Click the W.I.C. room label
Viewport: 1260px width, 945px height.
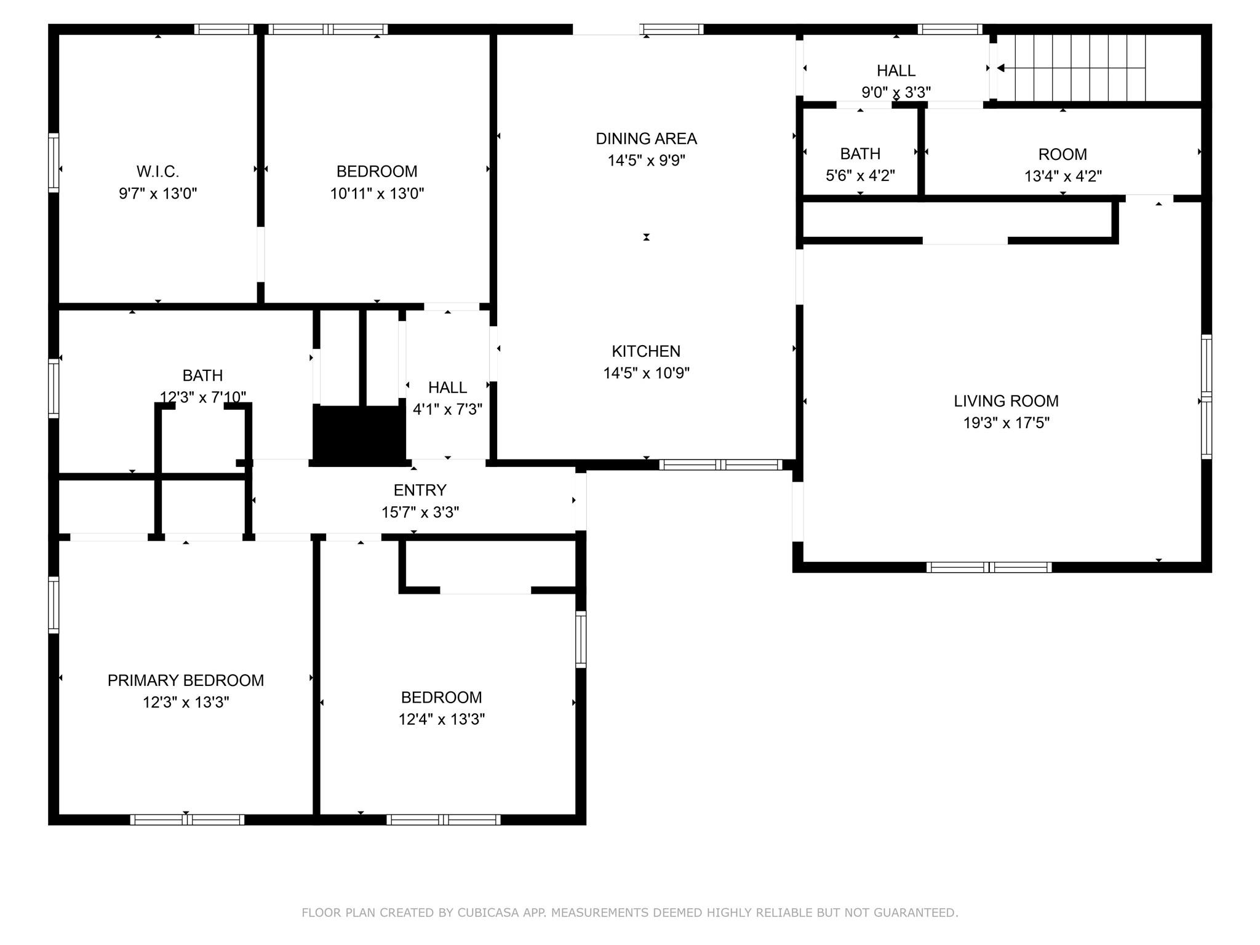point(157,171)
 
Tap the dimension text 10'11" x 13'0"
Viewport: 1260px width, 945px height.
point(377,193)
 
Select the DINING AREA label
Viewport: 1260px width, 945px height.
point(646,138)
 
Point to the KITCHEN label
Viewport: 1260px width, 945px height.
point(646,351)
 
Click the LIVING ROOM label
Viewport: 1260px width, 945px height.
point(1006,401)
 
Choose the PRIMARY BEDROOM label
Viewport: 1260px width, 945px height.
point(186,680)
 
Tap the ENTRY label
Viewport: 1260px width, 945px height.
point(420,490)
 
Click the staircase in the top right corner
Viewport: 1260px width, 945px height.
point(1071,68)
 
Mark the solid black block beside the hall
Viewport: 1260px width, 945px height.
point(359,435)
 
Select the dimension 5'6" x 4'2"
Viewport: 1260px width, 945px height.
point(860,175)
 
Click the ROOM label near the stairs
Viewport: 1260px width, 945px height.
point(1063,154)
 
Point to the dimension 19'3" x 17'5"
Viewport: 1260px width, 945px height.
point(1006,423)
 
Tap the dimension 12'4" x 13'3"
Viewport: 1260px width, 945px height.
point(442,719)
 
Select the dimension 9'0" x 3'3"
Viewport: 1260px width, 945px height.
point(896,92)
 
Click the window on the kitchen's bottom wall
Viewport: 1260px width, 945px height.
point(720,465)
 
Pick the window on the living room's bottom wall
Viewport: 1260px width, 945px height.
point(989,567)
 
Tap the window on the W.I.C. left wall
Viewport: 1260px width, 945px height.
point(54,162)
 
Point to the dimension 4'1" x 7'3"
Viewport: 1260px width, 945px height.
point(447,409)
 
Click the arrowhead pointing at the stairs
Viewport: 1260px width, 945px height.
point(1000,68)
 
